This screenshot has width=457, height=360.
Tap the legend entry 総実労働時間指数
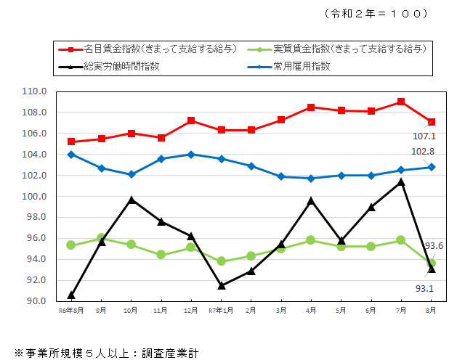pyautogui.click(x=121, y=66)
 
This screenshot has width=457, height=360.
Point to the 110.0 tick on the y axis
pyautogui.click(x=35, y=91)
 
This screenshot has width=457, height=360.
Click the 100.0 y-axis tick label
pyautogui.click(x=35, y=197)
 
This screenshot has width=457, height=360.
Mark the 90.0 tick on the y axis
pyautogui.click(x=35, y=301)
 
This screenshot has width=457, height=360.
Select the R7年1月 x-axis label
pyautogui.click(x=221, y=310)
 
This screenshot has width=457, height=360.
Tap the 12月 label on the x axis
pyautogui.click(x=191, y=310)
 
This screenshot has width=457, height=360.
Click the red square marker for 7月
pyautogui.click(x=401, y=102)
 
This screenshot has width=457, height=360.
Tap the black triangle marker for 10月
pyautogui.click(x=132, y=200)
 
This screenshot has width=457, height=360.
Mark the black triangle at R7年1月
pyautogui.click(x=222, y=285)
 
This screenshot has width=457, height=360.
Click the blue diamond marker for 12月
pyautogui.click(x=191, y=155)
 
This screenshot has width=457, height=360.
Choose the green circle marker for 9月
pyautogui.click(x=101, y=237)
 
